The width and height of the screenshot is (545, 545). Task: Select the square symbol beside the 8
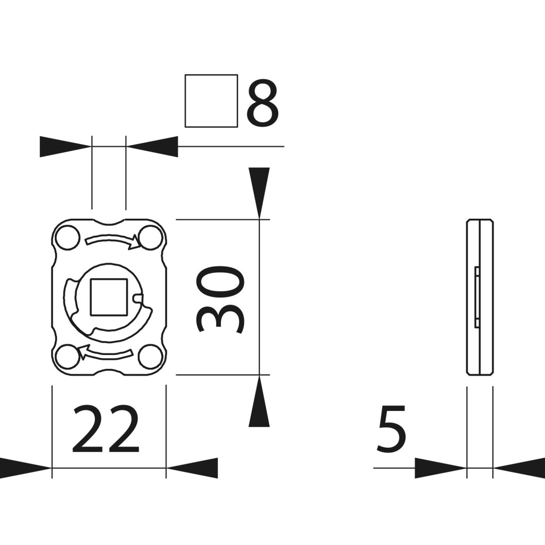pyautogui.click(x=211, y=101)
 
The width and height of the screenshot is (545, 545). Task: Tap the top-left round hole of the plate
pyautogui.click(x=68, y=238)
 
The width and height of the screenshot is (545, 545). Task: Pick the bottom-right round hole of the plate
pyautogui.click(x=151, y=356)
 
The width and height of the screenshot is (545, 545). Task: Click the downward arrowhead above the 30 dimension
pyautogui.click(x=259, y=193)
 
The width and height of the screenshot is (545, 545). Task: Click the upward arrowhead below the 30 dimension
pyautogui.click(x=259, y=401)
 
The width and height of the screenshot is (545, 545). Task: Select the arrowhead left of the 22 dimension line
pyautogui.click(x=25, y=468)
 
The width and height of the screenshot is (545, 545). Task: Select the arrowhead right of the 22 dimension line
pyautogui.click(x=192, y=468)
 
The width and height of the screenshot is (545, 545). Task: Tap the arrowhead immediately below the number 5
pyautogui.click(x=440, y=468)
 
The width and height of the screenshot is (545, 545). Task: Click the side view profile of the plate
pyautogui.click(x=480, y=297)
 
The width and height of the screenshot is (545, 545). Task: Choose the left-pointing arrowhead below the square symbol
pyautogui.click(x=152, y=146)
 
